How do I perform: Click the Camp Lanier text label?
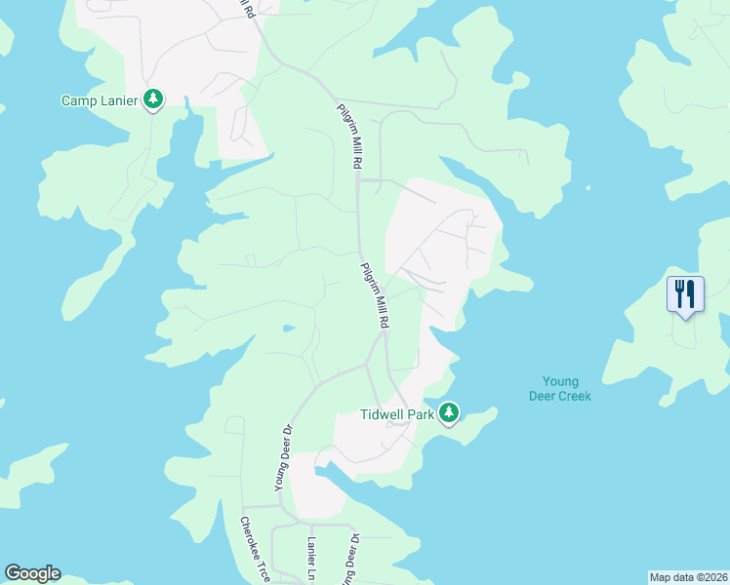pyautogui.click(x=100, y=100)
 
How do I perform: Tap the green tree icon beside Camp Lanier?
pyautogui.click(x=153, y=98)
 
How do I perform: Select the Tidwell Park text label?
pyautogui.click(x=395, y=413)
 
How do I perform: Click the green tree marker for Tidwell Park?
pyautogui.click(x=449, y=413)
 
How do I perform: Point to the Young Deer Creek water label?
pyautogui.click(x=560, y=389)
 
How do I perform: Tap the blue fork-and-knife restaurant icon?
pyautogui.click(x=684, y=292)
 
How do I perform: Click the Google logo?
pyautogui.click(x=32, y=573)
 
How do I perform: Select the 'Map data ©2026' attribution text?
pyautogui.click(x=689, y=577)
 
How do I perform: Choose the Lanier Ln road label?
pyautogui.click(x=312, y=556)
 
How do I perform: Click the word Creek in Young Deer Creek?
pyautogui.click(x=573, y=396)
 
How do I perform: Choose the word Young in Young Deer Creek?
pyautogui.click(x=560, y=381)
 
